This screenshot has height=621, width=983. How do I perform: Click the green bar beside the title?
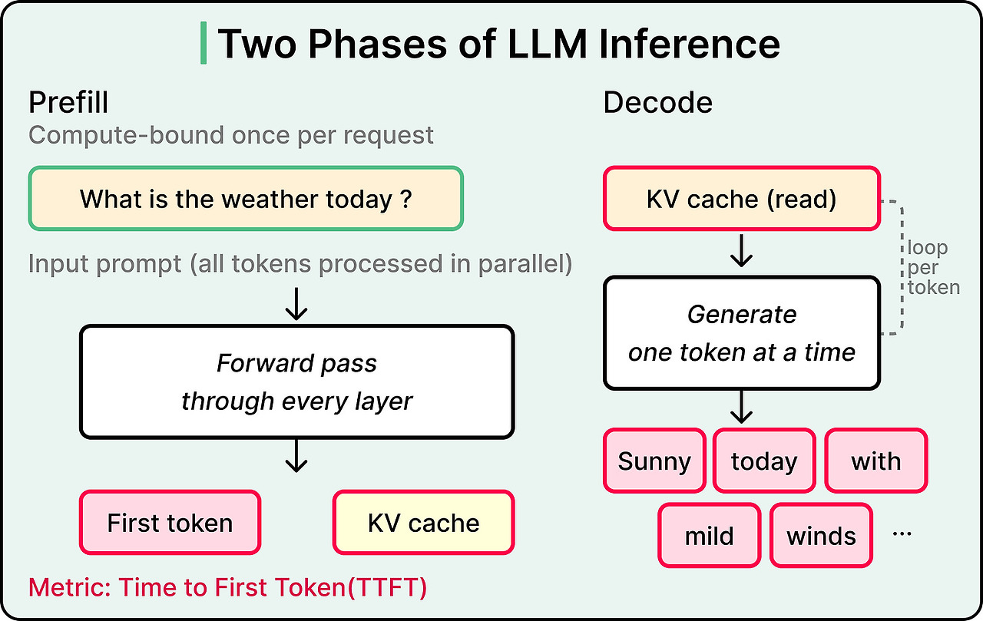click(204, 43)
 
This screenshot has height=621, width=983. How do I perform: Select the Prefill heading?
click(68, 103)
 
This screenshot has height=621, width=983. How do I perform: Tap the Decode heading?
click(658, 103)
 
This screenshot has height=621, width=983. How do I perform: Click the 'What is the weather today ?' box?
click(246, 198)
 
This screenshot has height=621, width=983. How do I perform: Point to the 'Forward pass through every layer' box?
click(296, 382)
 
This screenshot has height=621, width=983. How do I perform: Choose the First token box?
click(170, 522)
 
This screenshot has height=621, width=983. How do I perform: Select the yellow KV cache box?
click(423, 522)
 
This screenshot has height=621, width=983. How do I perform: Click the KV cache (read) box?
click(742, 198)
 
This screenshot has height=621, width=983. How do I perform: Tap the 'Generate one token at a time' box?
click(742, 332)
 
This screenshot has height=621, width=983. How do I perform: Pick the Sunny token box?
click(654, 461)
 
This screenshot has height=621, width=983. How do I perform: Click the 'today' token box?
click(764, 461)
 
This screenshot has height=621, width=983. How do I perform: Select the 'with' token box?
click(876, 461)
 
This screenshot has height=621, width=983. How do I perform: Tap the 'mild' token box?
click(709, 536)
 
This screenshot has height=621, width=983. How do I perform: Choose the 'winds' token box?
click(821, 536)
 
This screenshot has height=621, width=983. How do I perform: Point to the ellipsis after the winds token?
click(902, 533)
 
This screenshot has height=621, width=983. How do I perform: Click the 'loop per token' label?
click(933, 268)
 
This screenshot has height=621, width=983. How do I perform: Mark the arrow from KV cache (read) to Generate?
click(742, 251)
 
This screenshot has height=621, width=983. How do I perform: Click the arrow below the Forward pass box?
click(296, 456)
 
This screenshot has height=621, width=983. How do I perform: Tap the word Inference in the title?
click(690, 44)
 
